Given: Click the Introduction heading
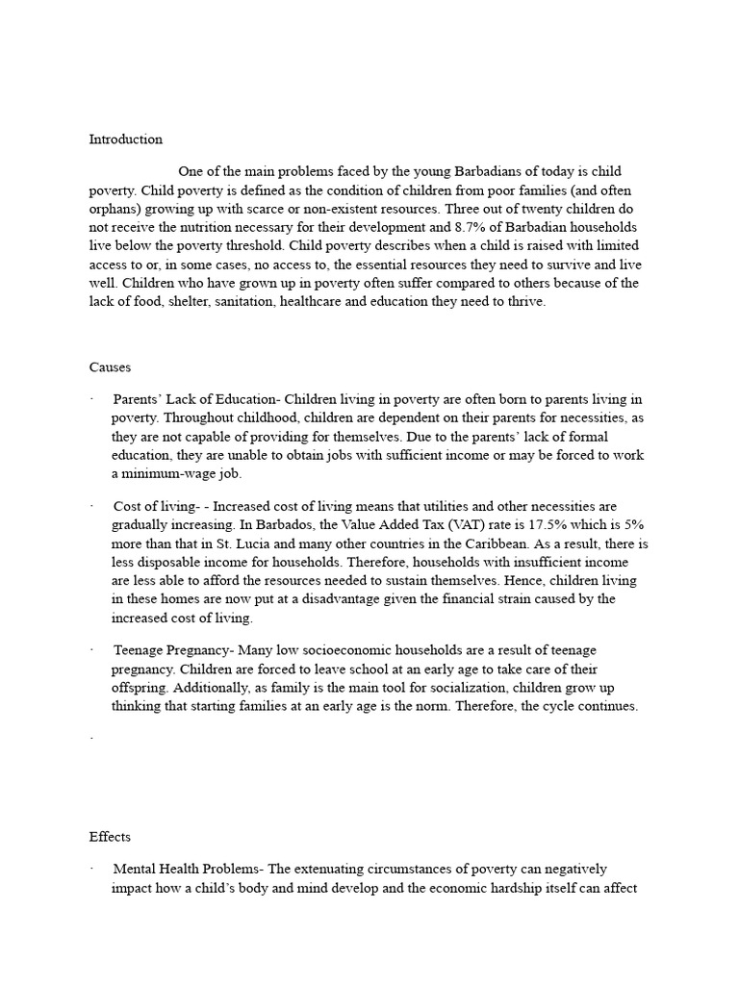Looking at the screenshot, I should (x=126, y=139).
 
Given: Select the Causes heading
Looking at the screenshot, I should (x=110, y=367).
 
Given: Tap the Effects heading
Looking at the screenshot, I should (x=110, y=837).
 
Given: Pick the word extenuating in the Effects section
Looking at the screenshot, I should (x=333, y=870).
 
